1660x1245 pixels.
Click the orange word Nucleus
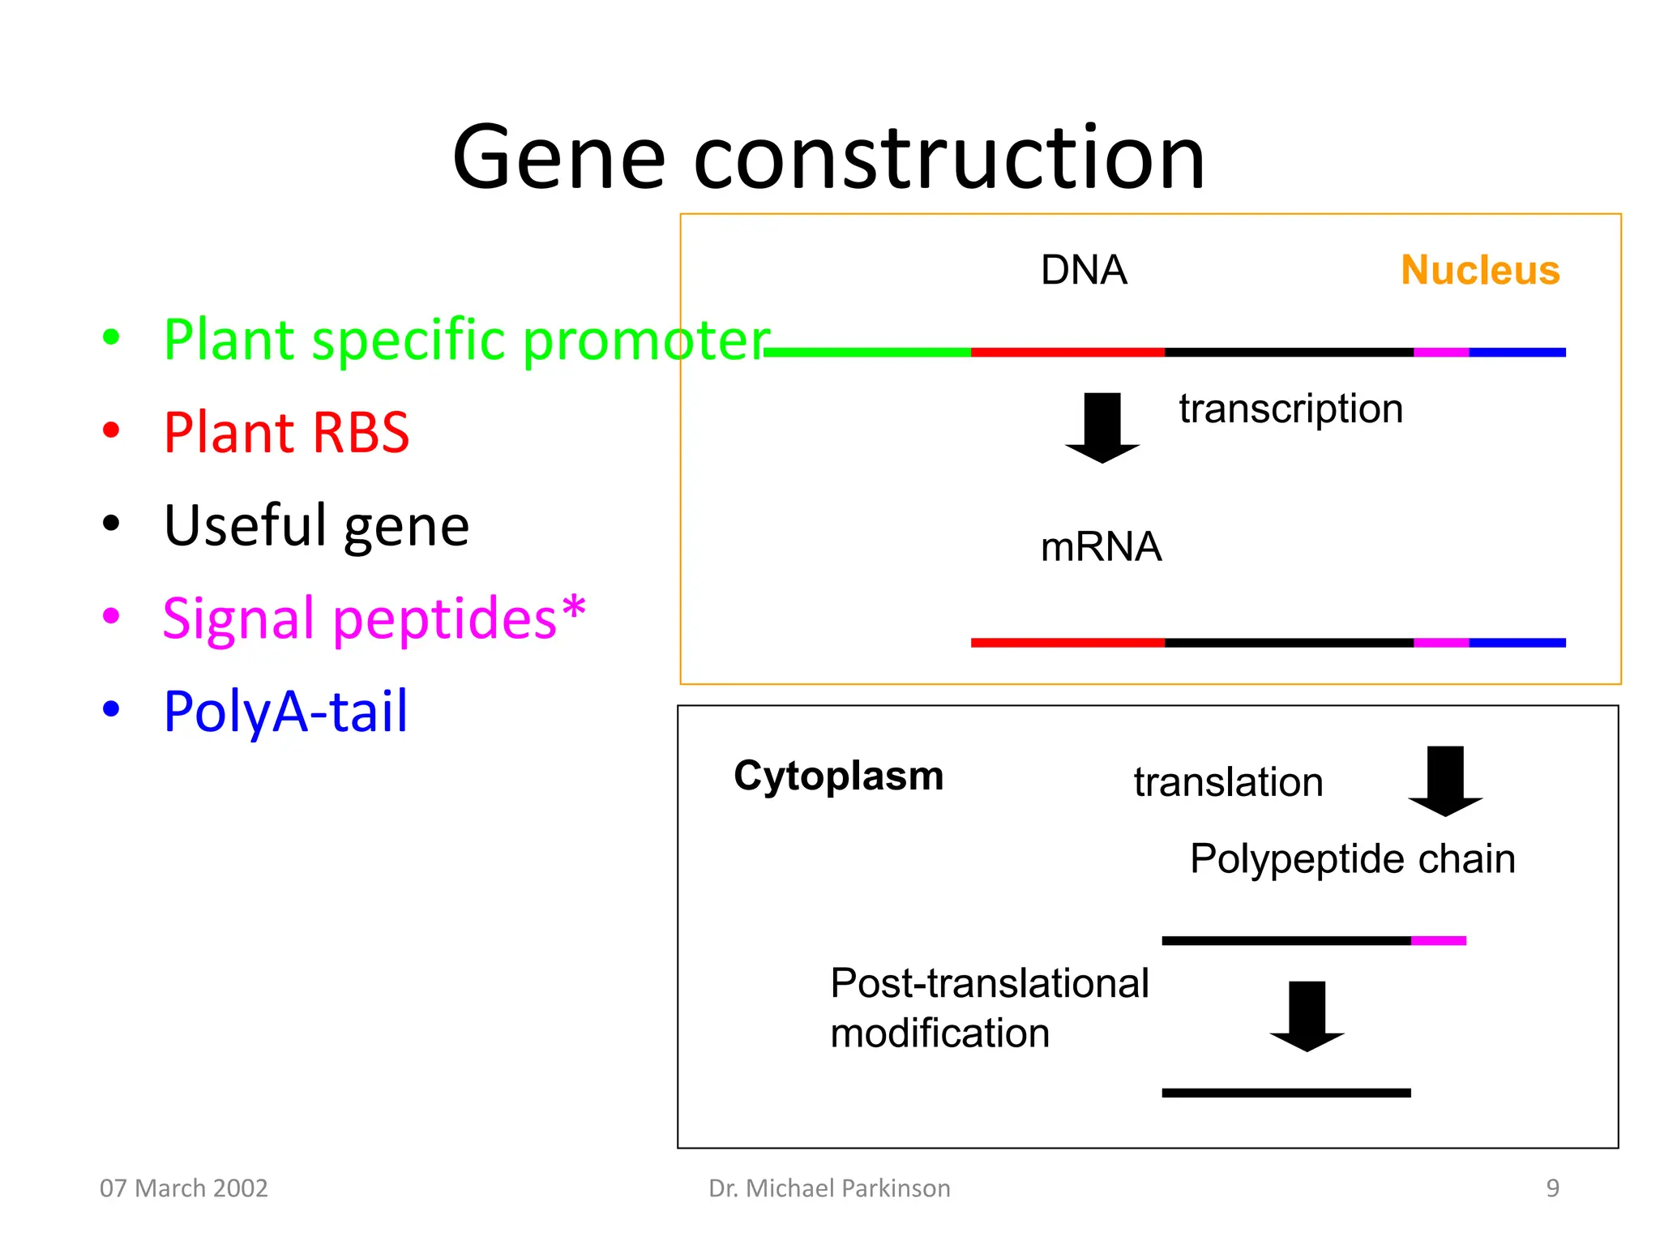[x=1480, y=270]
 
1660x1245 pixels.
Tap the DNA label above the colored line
[x=1084, y=270]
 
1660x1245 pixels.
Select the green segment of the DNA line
[x=867, y=353]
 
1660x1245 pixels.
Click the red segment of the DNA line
[x=1067, y=353]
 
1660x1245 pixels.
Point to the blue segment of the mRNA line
[x=1517, y=643]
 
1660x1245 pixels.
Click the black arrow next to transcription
[x=1102, y=428]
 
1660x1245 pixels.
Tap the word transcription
[x=1290, y=409]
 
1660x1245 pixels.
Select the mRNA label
[x=1101, y=547]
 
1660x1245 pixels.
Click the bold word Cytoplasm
[x=838, y=776]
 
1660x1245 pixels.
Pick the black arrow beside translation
[x=1445, y=781]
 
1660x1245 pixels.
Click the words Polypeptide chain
[x=1352, y=859]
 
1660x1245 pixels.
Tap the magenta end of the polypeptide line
[x=1439, y=941]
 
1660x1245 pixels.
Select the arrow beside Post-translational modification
[x=1307, y=1016]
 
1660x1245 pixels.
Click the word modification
[x=940, y=1034]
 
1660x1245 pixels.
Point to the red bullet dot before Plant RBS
[x=111, y=430]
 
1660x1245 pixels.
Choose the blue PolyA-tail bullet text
[x=285, y=712]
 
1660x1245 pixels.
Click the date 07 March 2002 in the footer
[x=183, y=1188]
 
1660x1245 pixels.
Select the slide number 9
[x=1552, y=1188]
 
